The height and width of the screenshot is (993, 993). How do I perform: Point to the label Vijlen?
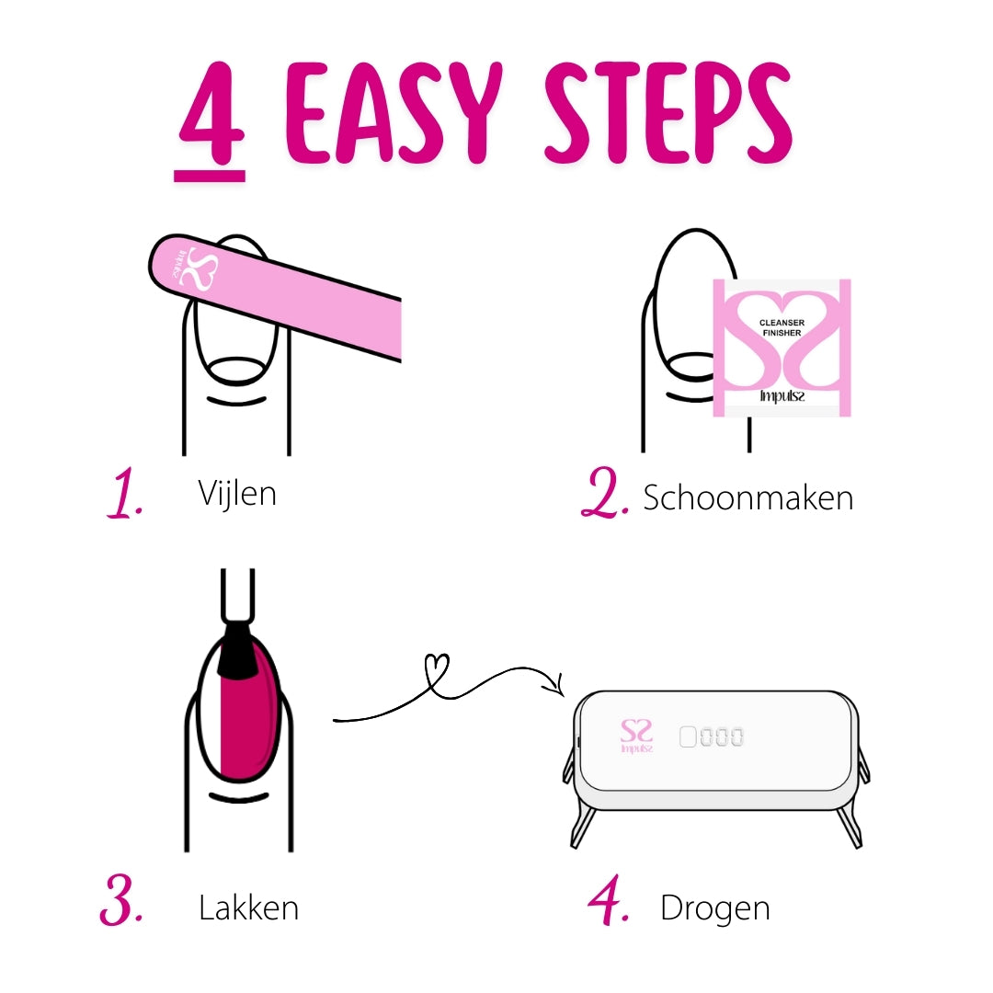(236, 494)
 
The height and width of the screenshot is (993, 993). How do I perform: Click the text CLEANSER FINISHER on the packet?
(782, 327)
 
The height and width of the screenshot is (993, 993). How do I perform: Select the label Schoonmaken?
(748, 497)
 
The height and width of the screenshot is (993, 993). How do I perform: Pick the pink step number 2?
(604, 496)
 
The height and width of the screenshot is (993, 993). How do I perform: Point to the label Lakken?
(248, 908)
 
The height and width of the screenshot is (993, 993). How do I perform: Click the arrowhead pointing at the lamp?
(554, 685)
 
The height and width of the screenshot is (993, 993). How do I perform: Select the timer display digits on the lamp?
(712, 736)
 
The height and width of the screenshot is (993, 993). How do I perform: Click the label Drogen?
(714, 908)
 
